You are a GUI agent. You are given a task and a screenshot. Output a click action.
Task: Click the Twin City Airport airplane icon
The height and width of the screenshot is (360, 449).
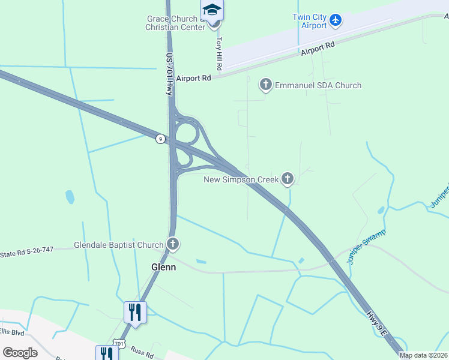(336, 20)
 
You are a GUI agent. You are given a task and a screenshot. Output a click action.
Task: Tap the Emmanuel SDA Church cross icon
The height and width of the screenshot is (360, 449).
(266, 85)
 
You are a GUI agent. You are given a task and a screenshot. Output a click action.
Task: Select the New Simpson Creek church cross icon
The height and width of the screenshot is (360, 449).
(288, 178)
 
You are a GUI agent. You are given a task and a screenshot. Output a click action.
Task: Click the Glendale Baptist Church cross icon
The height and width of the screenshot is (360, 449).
(173, 244)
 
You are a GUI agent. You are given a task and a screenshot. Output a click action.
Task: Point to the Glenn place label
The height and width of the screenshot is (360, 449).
(163, 267)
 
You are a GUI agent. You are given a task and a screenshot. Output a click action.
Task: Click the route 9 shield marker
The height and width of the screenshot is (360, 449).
(160, 139)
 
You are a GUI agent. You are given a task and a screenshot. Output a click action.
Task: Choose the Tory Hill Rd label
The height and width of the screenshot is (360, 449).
(220, 52)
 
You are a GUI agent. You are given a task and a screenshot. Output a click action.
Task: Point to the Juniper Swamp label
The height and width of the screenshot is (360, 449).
(366, 247)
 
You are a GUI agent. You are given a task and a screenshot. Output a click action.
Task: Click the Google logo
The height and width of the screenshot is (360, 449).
(20, 353)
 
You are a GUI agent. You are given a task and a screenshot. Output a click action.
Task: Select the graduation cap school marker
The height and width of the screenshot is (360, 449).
(212, 10)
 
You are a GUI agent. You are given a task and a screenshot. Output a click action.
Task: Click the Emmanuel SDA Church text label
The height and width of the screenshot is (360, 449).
(318, 85)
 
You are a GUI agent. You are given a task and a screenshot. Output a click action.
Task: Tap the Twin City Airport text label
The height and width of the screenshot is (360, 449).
(310, 21)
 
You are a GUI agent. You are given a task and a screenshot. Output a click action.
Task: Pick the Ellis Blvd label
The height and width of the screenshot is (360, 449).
(11, 332)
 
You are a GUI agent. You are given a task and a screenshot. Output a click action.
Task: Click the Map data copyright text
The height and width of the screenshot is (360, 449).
(424, 355)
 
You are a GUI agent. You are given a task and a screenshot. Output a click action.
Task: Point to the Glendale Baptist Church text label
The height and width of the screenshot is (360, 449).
(118, 245)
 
